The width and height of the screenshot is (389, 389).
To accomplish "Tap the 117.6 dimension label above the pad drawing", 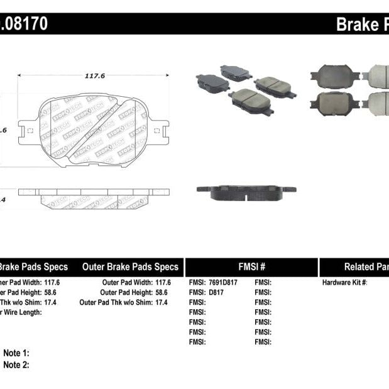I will pos(94,76).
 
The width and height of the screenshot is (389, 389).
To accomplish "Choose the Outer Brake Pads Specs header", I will pos(130,267).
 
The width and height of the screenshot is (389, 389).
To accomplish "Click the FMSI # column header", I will pos(251,267).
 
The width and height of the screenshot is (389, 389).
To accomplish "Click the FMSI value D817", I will pos(217,292).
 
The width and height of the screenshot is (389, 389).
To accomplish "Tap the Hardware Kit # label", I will pos(344,283).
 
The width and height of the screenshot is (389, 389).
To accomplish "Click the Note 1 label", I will pos(16,354).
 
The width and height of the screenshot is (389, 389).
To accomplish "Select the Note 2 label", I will pos(16,365).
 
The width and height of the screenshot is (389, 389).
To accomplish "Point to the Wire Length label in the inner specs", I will pos(22,312).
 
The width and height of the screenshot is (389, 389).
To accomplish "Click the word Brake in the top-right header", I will pos(355,25).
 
